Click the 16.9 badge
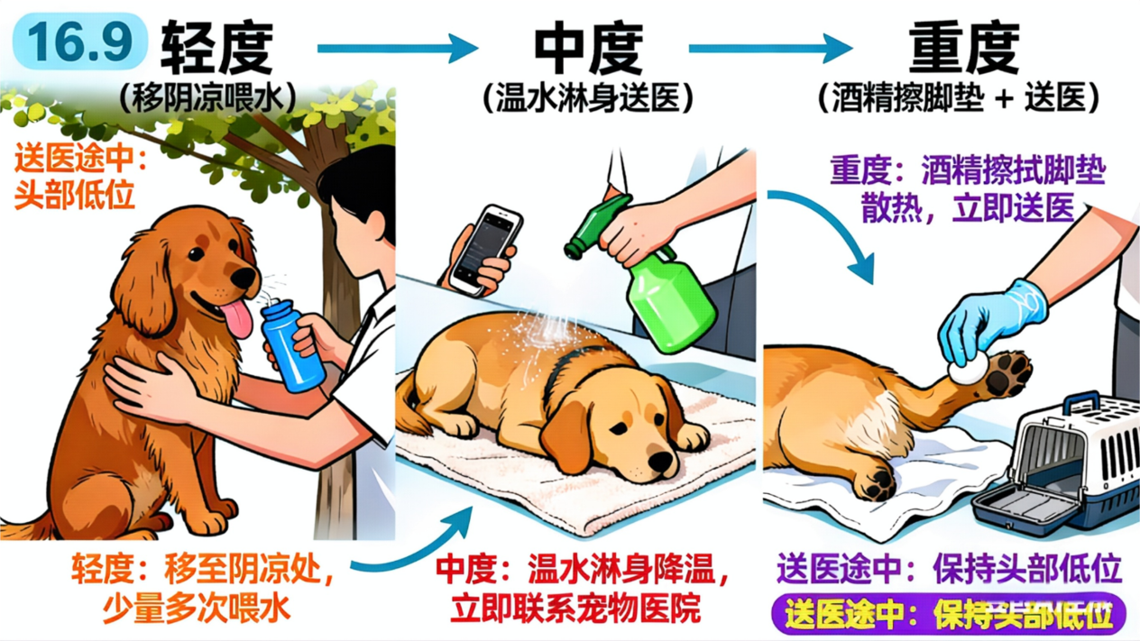point(80,41)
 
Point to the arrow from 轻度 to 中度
point(398,49)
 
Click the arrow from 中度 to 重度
point(770,49)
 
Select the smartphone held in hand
point(486,249)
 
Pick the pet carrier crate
point(1059,465)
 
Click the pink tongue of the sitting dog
point(237,318)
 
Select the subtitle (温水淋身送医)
point(588,97)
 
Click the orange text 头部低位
point(74,195)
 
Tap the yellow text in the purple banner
point(948,615)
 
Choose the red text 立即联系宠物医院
point(575,608)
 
